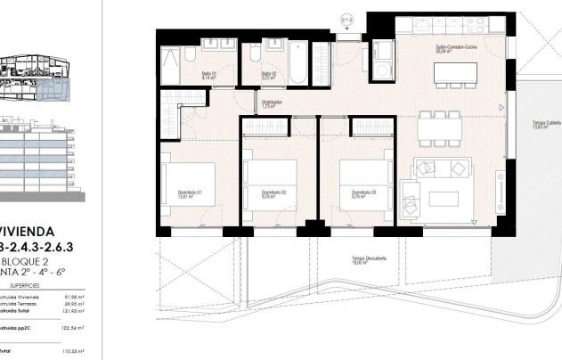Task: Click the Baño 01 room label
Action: click(x=208, y=76)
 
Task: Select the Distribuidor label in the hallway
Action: click(x=272, y=102)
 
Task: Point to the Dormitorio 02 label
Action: click(x=273, y=192)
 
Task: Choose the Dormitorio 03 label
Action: click(x=361, y=192)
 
